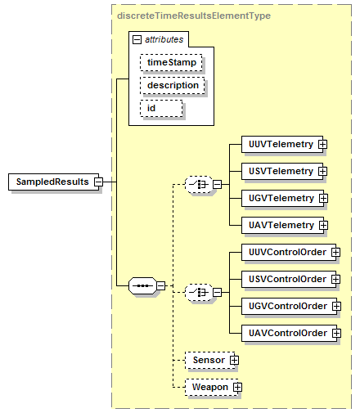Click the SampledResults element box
[x=53, y=182]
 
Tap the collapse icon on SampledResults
[x=99, y=182]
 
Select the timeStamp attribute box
[x=171, y=62]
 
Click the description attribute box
[x=173, y=85]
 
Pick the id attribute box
[x=161, y=108]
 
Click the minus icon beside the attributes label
[x=137, y=39]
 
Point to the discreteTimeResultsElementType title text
[x=194, y=16]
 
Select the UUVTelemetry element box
[x=282, y=144]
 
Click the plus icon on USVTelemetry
[x=322, y=171]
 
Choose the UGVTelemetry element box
[x=282, y=198]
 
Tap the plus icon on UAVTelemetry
[x=323, y=225]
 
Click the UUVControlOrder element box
[x=289, y=252]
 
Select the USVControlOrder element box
[x=289, y=279]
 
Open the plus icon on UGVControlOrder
[x=336, y=306]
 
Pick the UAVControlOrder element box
[x=289, y=333]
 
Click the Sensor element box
[x=209, y=360]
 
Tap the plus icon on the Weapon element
[x=237, y=387]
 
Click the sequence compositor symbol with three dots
[x=142, y=285]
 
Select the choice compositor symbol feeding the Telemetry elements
[x=199, y=185]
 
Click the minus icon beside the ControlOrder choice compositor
[x=217, y=293]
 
